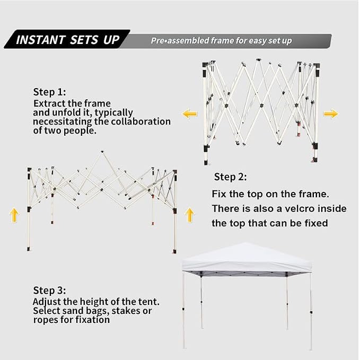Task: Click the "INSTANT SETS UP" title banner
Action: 67,39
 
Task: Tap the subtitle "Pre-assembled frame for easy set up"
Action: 221,41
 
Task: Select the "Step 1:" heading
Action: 50,92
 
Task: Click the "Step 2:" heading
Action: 231,177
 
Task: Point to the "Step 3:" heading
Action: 50,290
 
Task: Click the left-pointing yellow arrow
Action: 190,113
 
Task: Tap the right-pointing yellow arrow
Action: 331,113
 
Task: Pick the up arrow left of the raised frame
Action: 14,215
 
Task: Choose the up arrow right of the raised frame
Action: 190,215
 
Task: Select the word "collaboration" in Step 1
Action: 141,121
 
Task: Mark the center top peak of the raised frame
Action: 102,152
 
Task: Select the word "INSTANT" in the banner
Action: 41,40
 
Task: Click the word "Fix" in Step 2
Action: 219,194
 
